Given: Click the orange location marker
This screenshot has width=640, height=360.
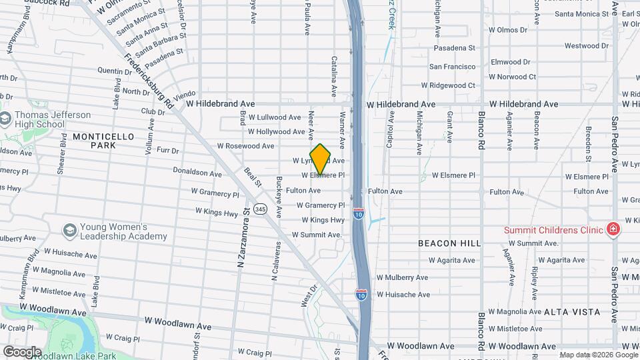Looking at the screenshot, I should pyautogui.click(x=320, y=159).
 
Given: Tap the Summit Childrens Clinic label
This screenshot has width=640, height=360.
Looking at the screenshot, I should pyautogui.click(x=554, y=230).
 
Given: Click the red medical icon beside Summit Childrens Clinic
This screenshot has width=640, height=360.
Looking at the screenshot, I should pyautogui.click(x=613, y=230).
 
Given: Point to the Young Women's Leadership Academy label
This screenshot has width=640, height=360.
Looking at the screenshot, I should pyautogui.click(x=123, y=231).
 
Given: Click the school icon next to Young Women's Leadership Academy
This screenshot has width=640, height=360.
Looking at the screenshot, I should pyautogui.click(x=69, y=231).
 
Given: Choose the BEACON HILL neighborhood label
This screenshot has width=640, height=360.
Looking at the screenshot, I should pyautogui.click(x=449, y=243).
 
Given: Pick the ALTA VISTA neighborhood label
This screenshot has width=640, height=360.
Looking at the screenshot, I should pyautogui.click(x=571, y=312).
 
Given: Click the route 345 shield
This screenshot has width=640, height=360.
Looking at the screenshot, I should pyautogui.click(x=260, y=209).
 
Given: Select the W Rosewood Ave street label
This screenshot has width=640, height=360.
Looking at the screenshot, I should pyautogui.click(x=245, y=146).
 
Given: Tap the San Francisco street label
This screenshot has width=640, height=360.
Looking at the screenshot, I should pyautogui.click(x=452, y=67).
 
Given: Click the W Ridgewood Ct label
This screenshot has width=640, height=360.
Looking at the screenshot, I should pyautogui.click(x=448, y=85).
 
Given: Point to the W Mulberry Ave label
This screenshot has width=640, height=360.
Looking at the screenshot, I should pyautogui.click(x=402, y=277).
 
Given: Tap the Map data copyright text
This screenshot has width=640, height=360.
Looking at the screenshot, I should pyautogui.click(x=598, y=355).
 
